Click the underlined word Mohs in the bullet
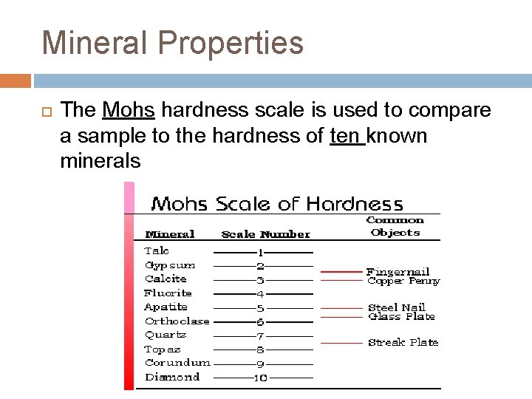129,111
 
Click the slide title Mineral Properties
173,43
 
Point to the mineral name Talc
157,250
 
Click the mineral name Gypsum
170,265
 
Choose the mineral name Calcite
166,279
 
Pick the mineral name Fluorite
168,293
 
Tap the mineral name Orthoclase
177,321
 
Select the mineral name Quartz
166,335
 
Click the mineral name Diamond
172,377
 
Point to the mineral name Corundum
177,363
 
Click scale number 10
260,378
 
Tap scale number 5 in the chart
260,308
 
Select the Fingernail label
398,272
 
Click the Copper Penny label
403,281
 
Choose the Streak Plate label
403,342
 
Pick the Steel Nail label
397,307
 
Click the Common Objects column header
395,226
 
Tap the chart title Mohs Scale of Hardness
277,203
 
